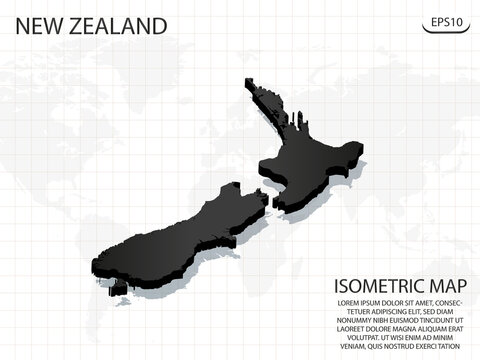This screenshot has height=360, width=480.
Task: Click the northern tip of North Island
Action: click(x=246, y=82)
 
